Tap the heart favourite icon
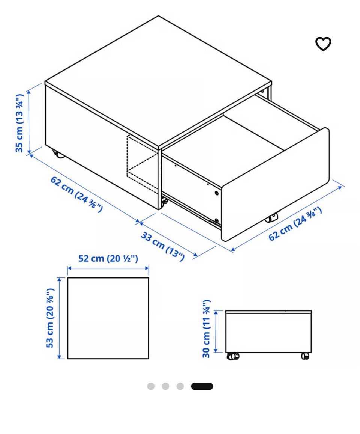(x=323, y=44)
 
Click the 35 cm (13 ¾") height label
(x=19, y=123)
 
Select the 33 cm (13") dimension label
(x=163, y=246)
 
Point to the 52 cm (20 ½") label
(x=108, y=259)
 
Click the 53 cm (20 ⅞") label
(x=50, y=318)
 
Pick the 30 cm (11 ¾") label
(x=207, y=329)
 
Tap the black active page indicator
(x=202, y=386)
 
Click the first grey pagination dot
(x=151, y=386)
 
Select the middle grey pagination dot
(x=165, y=386)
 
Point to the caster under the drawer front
(x=272, y=217)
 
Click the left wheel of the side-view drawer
(x=233, y=356)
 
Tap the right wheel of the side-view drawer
(x=305, y=356)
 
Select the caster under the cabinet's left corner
(x=58, y=154)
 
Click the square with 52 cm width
(x=108, y=277)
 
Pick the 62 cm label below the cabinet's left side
(x=76, y=194)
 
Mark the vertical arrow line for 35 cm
(x=29, y=122)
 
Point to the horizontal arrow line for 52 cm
(x=108, y=268)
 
